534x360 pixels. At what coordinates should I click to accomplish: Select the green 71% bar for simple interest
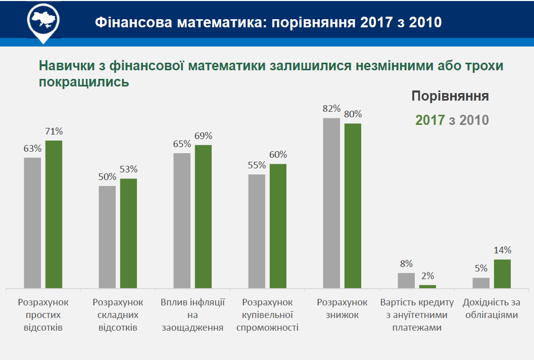(x=54, y=214)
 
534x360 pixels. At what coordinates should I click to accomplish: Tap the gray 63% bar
(x=32, y=223)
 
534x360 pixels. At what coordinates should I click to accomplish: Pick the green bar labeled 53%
(x=128, y=234)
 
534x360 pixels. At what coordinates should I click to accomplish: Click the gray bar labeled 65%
(x=182, y=221)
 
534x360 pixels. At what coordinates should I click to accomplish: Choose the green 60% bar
(x=278, y=226)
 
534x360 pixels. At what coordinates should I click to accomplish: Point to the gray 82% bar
(x=331, y=203)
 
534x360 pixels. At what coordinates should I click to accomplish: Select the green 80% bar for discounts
(x=353, y=206)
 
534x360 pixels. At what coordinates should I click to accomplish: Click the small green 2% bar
(x=427, y=287)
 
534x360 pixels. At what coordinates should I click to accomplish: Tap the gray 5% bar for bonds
(x=481, y=283)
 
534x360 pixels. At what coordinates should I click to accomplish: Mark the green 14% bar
(x=502, y=274)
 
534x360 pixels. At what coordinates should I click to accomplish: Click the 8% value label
(x=406, y=263)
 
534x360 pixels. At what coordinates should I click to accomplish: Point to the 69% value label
(x=204, y=136)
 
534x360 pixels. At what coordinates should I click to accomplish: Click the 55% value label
(x=257, y=165)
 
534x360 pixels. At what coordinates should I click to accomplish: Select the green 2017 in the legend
(x=430, y=120)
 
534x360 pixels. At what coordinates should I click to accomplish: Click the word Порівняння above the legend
(x=450, y=96)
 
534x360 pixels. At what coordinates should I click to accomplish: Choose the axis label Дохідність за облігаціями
(x=491, y=308)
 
